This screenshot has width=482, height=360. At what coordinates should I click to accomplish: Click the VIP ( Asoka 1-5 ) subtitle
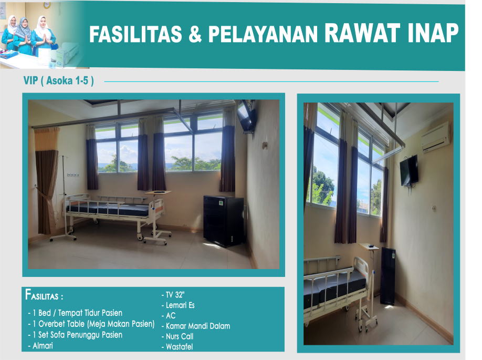click(x=59, y=80)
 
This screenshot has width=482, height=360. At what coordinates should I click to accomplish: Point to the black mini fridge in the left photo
click(x=224, y=220)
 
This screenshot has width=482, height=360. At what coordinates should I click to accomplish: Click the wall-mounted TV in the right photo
click(x=409, y=170)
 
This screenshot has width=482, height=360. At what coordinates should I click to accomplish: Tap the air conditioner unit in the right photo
click(x=436, y=137)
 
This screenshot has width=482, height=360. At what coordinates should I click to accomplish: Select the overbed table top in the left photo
click(x=158, y=193)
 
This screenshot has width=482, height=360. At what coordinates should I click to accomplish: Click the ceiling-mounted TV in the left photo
click(x=246, y=116)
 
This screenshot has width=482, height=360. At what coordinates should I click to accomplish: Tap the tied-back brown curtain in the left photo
click(x=46, y=180)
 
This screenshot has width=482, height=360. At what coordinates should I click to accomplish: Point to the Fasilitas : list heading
click(x=44, y=294)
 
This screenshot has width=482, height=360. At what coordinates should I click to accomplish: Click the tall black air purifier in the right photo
click(x=387, y=276)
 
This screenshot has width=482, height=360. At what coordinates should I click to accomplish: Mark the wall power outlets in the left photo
click(x=73, y=175)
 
